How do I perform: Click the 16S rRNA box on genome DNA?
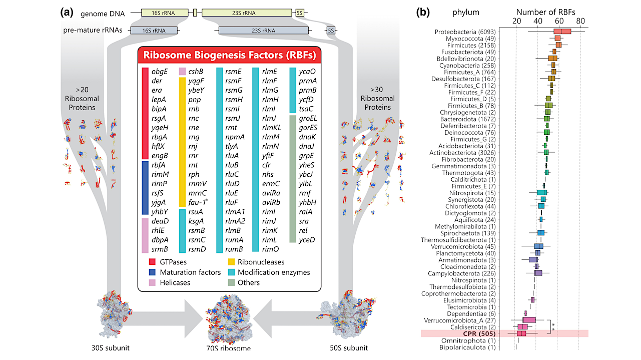[165, 13]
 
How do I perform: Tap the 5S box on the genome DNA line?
[299, 13]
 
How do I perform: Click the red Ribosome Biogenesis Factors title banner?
[229, 55]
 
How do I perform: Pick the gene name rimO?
[271, 249]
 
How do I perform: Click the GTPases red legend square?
[152, 262]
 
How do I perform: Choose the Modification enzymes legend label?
[274, 273]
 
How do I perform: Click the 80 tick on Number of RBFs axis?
[580, 22]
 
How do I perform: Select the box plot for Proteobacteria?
[562, 32]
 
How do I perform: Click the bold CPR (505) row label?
[478, 333]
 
